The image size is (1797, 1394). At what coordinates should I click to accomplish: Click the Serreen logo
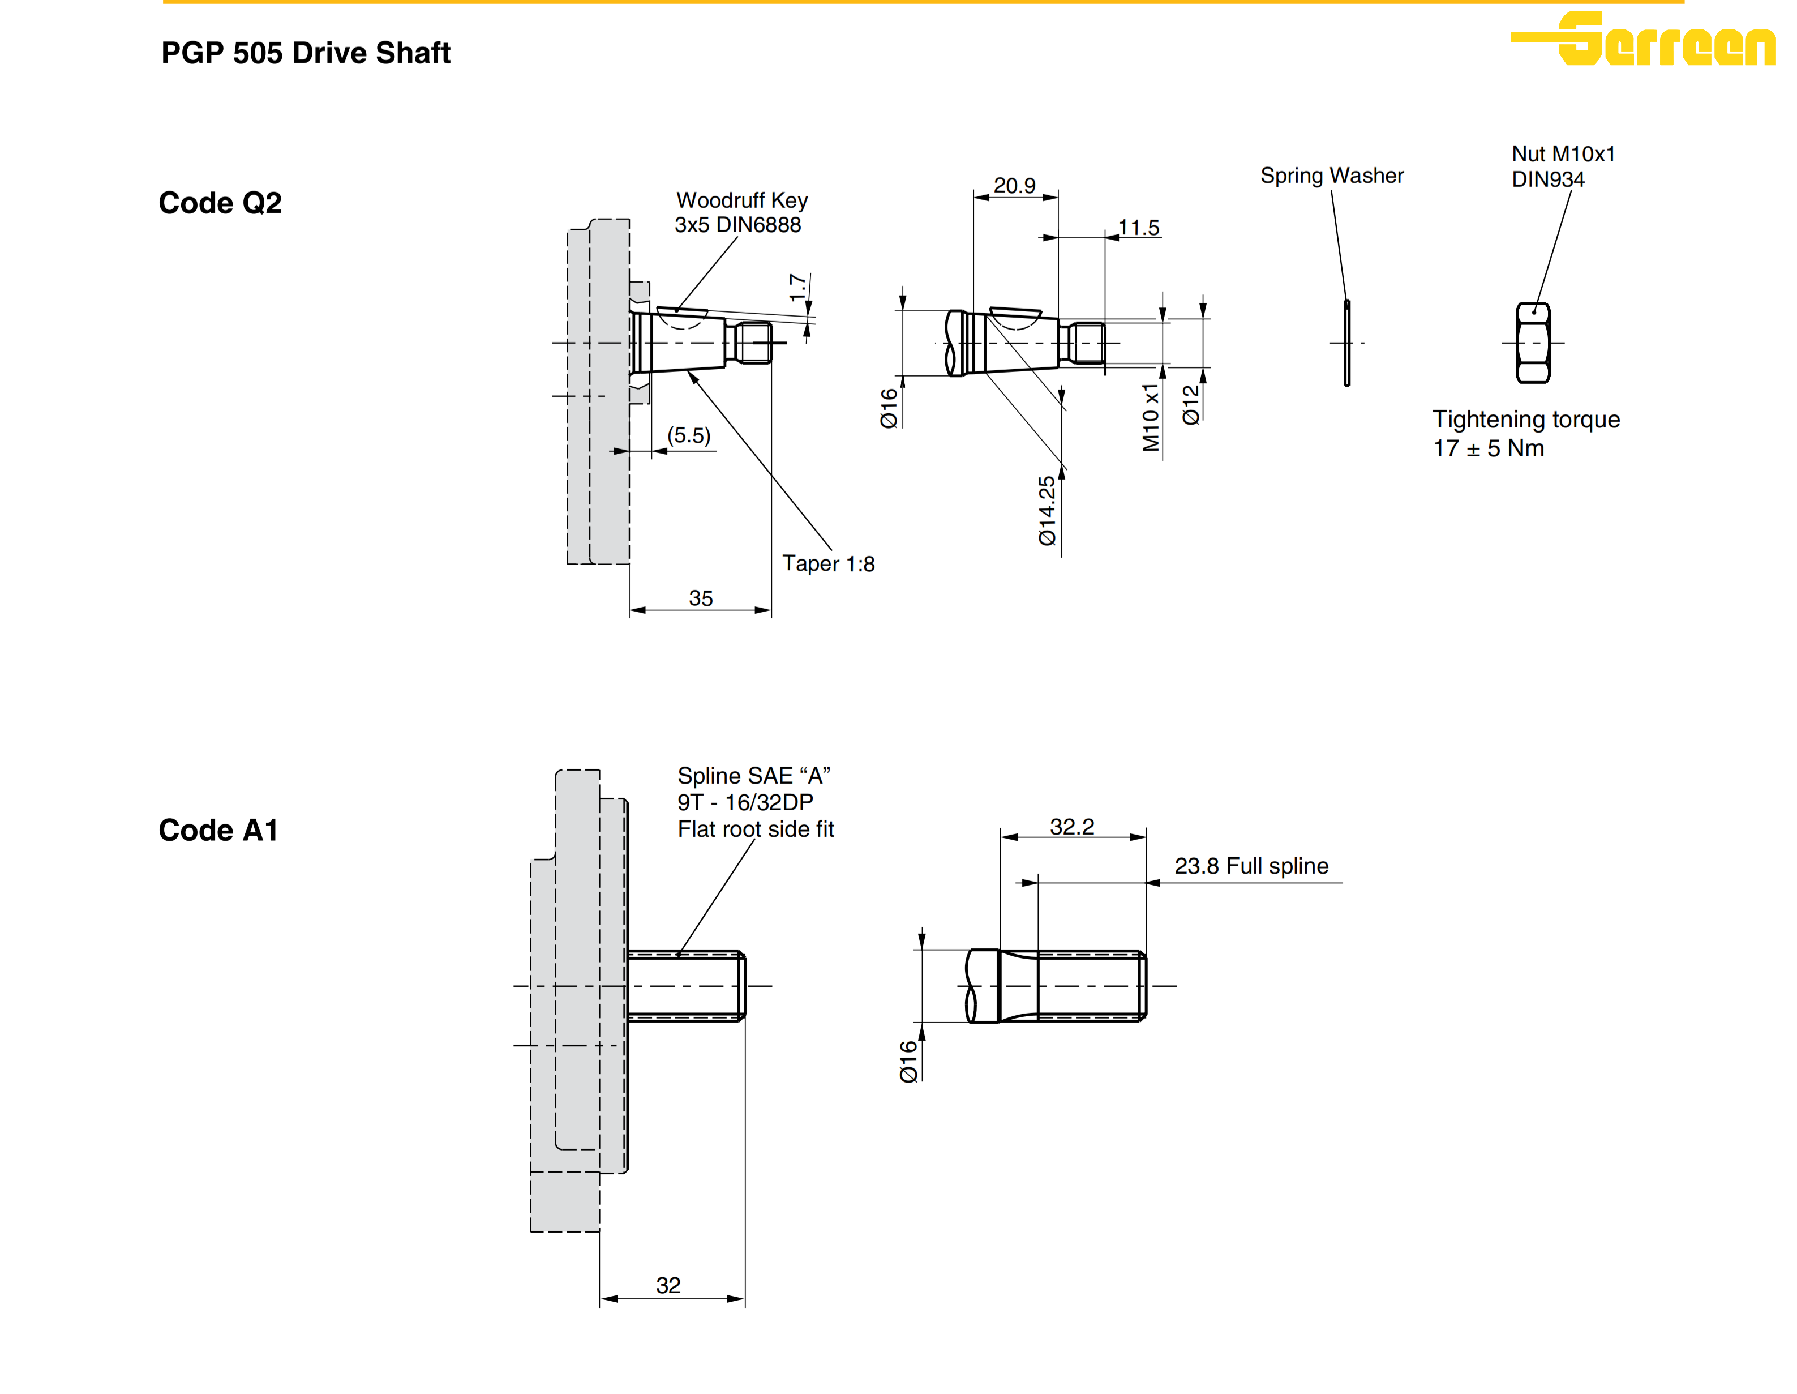click(x=1642, y=38)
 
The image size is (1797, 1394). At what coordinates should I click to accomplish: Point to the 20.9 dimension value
click(x=1014, y=185)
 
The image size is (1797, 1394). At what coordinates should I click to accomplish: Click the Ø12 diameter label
click(x=1191, y=405)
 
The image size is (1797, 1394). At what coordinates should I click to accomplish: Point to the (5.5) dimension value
click(x=689, y=435)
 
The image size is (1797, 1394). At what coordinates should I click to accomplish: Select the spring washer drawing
click(x=1347, y=343)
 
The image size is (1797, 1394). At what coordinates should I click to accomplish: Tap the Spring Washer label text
click(x=1332, y=176)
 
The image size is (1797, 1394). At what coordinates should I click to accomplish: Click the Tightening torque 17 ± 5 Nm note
click(x=1526, y=434)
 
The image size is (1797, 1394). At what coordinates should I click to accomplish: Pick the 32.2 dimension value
click(x=1072, y=826)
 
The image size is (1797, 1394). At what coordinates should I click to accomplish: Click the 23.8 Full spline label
click(x=1251, y=866)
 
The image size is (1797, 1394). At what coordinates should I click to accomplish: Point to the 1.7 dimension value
click(x=796, y=288)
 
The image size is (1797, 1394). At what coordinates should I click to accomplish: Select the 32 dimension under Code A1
click(x=668, y=1285)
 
